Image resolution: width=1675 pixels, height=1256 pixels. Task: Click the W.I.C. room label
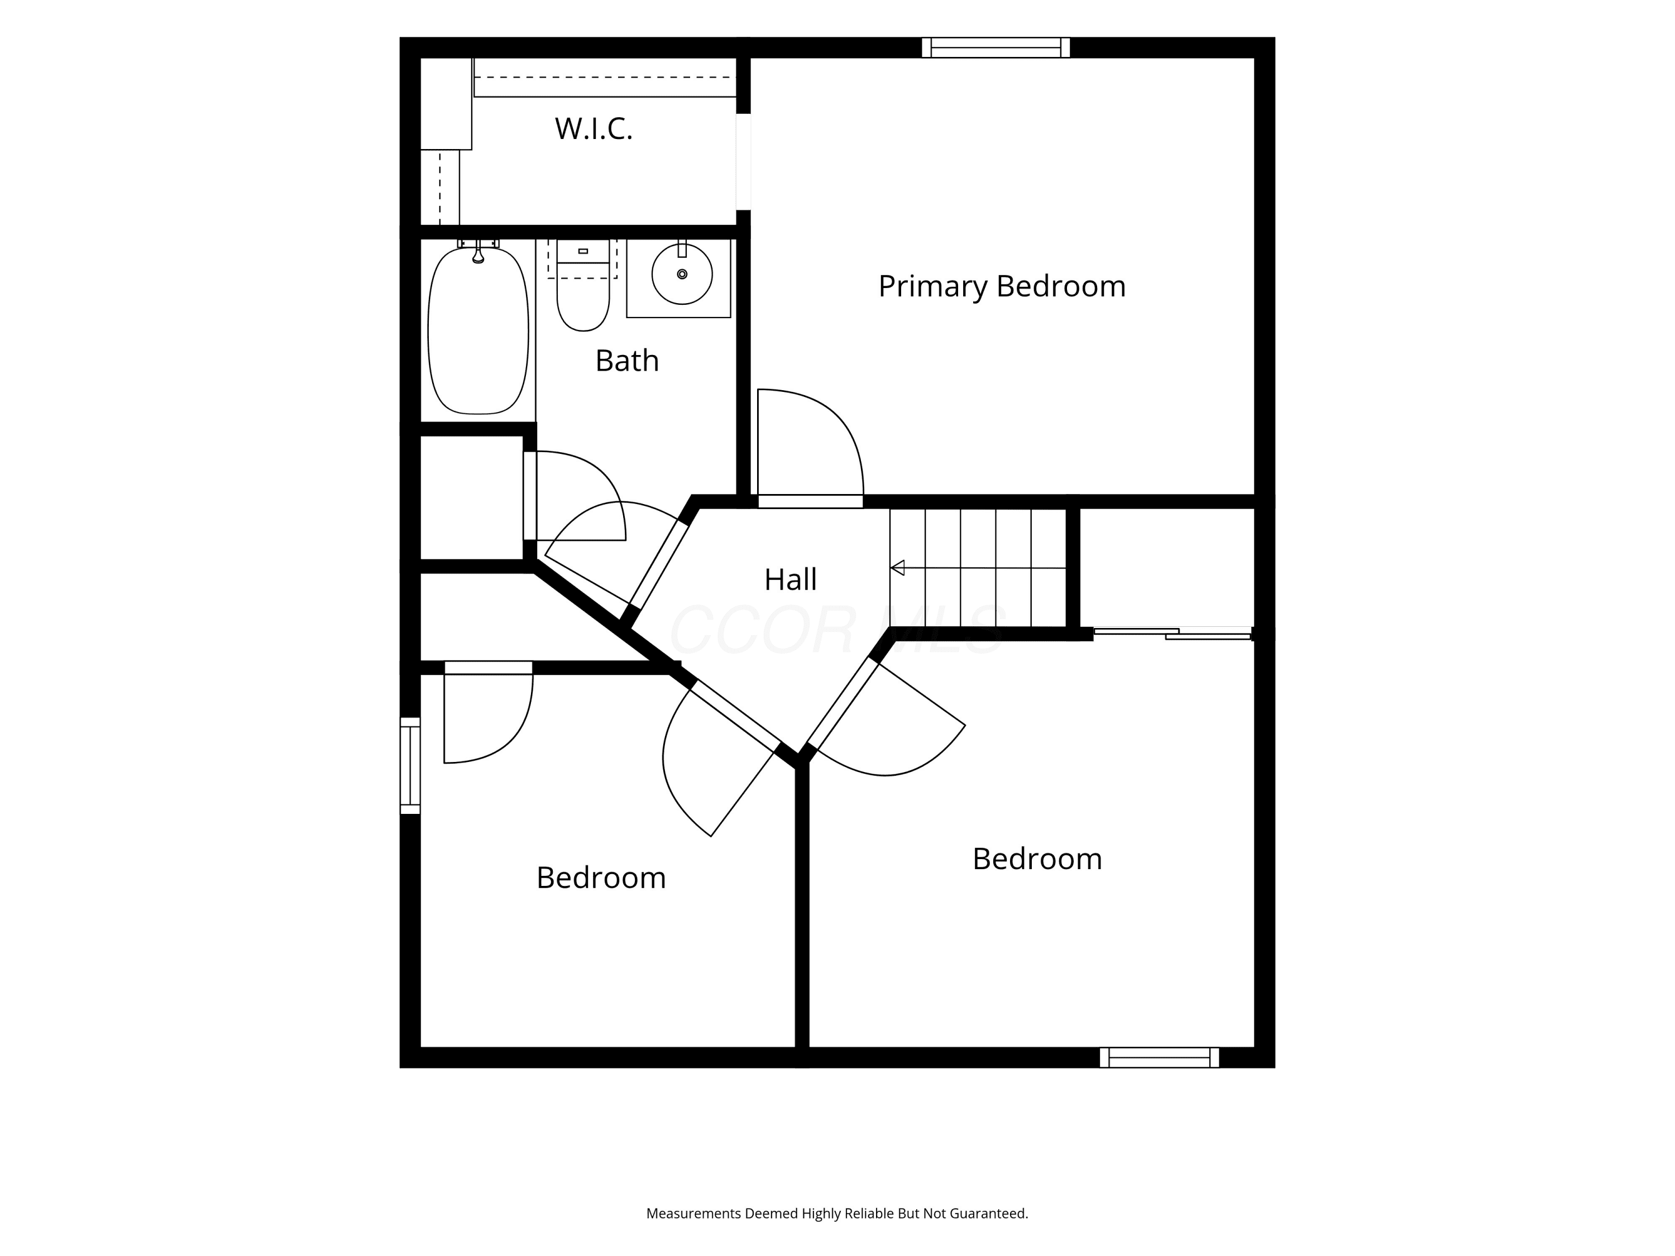click(594, 129)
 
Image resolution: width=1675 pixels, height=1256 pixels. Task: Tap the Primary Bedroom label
click(1002, 286)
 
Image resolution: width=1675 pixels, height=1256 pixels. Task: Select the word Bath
click(627, 361)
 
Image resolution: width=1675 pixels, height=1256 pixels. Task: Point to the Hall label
click(791, 579)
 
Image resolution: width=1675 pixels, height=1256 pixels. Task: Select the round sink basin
click(682, 274)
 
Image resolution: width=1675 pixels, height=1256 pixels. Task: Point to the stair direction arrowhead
click(897, 568)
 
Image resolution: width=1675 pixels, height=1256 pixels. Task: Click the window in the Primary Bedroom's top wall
click(996, 47)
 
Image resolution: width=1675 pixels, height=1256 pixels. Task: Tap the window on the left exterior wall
click(410, 765)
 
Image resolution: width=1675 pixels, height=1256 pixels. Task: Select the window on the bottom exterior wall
click(1159, 1058)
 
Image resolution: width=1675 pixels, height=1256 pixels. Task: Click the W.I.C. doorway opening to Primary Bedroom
click(744, 161)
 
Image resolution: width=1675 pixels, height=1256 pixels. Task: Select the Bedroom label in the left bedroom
click(601, 878)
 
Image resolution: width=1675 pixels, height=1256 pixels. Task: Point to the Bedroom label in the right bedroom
click(1037, 859)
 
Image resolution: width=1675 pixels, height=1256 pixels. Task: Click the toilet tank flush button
click(583, 251)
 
